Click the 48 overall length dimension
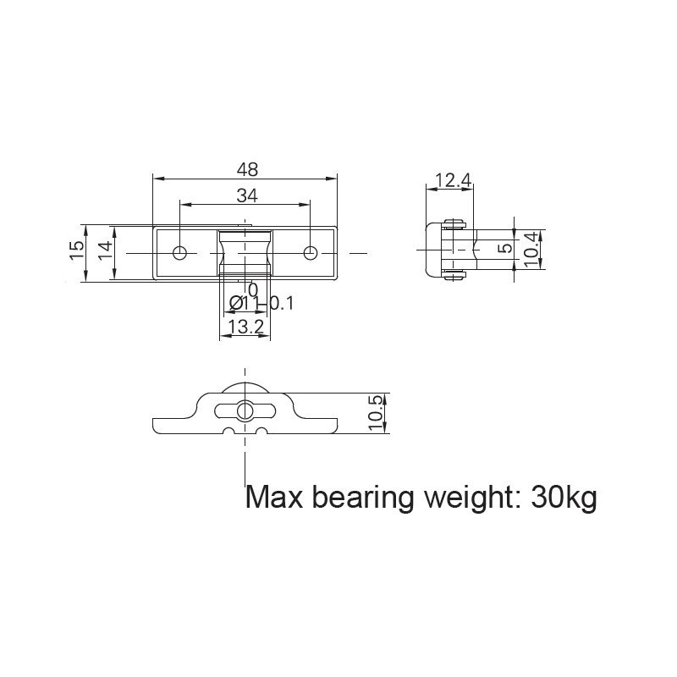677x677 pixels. click(x=247, y=169)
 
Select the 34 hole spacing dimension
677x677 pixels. click(x=246, y=195)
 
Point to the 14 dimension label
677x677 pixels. click(x=105, y=250)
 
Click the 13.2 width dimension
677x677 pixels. click(x=245, y=327)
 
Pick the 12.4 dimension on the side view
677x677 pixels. click(x=452, y=179)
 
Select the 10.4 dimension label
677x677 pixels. click(x=531, y=250)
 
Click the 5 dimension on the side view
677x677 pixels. click(x=505, y=250)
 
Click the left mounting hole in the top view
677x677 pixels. click(x=180, y=252)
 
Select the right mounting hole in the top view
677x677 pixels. click(x=311, y=252)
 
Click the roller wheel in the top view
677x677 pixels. click(x=245, y=252)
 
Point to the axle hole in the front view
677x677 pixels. click(x=245, y=410)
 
